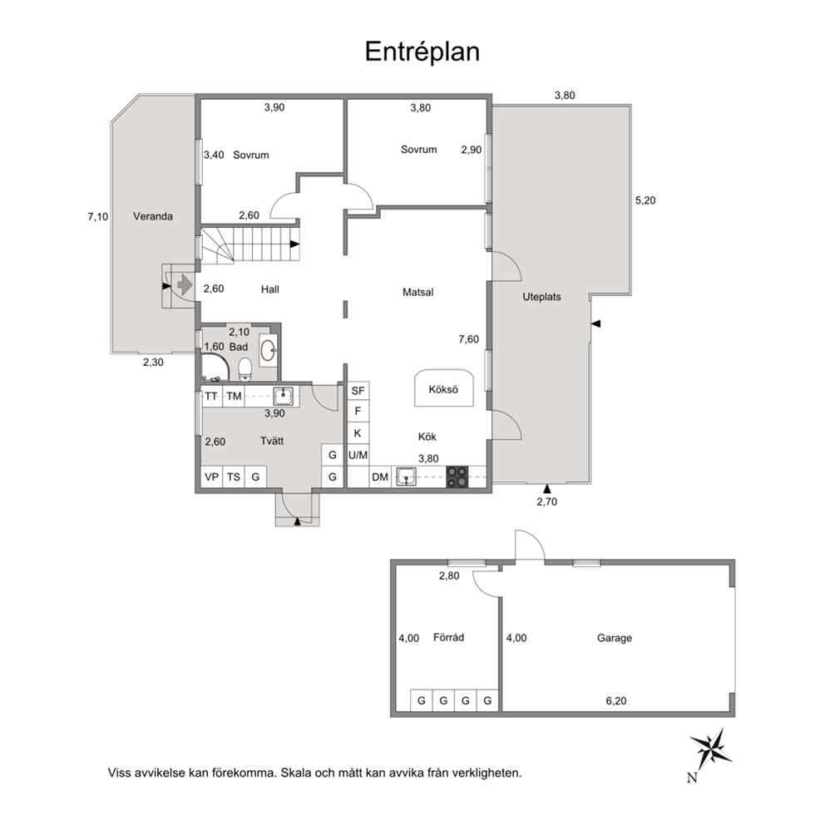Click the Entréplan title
[x=422, y=52]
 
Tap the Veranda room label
[x=152, y=216]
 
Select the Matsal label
[x=417, y=292]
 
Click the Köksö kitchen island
[x=443, y=388]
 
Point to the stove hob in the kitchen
[x=457, y=477]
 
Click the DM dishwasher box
[x=380, y=477]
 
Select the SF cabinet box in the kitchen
[x=358, y=391]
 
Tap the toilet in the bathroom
[x=245, y=369]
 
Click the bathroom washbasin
[x=269, y=350]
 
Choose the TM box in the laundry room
[x=234, y=396]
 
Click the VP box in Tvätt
[x=211, y=477]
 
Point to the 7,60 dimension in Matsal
[x=468, y=339]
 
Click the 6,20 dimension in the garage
[x=616, y=701]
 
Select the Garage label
[x=614, y=638]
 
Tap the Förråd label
[x=448, y=638]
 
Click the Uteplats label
[x=541, y=297]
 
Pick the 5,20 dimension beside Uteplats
[x=645, y=200]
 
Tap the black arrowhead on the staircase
[x=294, y=245]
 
